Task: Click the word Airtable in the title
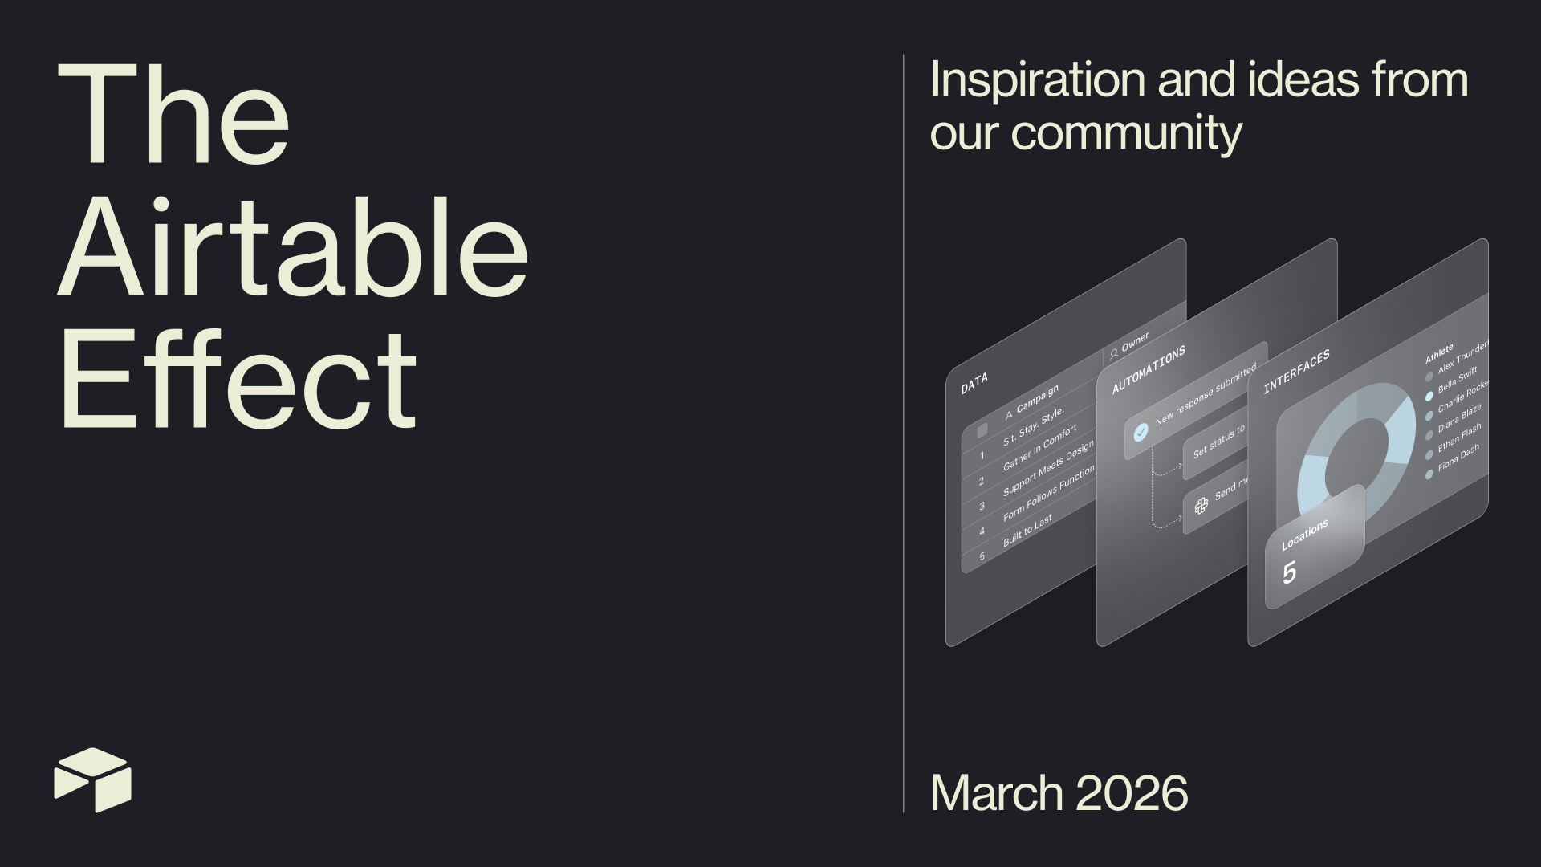pyautogui.click(x=293, y=247)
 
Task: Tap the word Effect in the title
pyautogui.click(x=238, y=379)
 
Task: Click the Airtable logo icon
pyautogui.click(x=92, y=779)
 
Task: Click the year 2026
pyautogui.click(x=1131, y=793)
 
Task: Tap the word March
pyautogui.click(x=996, y=793)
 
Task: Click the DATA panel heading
pyautogui.click(x=974, y=384)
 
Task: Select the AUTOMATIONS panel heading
pyautogui.click(x=1149, y=371)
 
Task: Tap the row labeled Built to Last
pyautogui.click(x=1027, y=531)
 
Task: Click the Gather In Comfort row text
pyautogui.click(x=1039, y=449)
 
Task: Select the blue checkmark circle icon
pyautogui.click(x=1141, y=433)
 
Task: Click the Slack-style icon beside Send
pyautogui.click(x=1201, y=505)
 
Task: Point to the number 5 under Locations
pyautogui.click(x=1289, y=573)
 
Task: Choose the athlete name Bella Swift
pyautogui.click(x=1457, y=380)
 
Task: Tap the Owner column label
pyautogui.click(x=1135, y=341)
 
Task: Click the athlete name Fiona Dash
pyautogui.click(x=1458, y=458)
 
